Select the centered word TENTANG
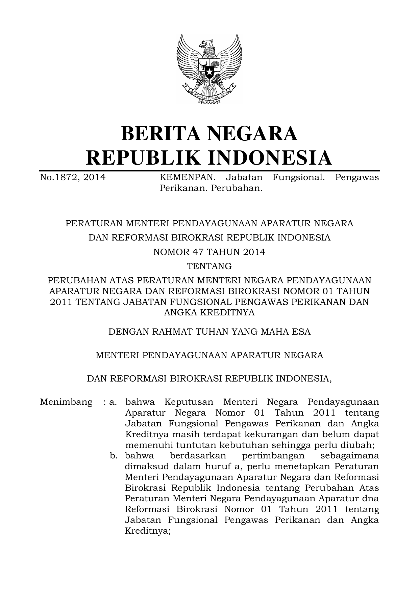pos(209,266)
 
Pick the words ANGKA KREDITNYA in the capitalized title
pos(209,313)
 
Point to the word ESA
pos(302,332)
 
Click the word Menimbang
pos(66,402)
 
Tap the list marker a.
pos(113,402)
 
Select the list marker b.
pos(114,456)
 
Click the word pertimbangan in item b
pos(273,456)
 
